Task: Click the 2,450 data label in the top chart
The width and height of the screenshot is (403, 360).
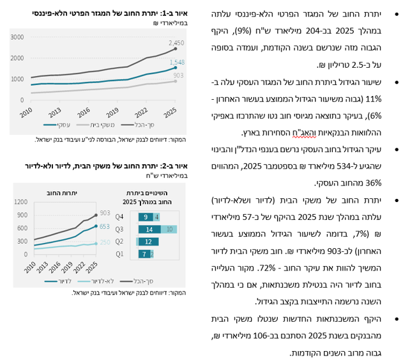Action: (x=176, y=42)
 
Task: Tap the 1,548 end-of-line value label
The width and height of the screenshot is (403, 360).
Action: (x=177, y=62)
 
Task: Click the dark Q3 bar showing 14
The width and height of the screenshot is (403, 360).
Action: (x=148, y=229)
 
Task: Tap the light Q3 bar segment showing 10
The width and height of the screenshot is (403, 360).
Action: (x=169, y=229)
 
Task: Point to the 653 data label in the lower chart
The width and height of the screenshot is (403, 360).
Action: (x=104, y=226)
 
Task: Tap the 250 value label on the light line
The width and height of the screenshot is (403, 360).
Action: (x=104, y=243)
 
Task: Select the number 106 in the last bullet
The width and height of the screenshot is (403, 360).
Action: (x=268, y=336)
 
